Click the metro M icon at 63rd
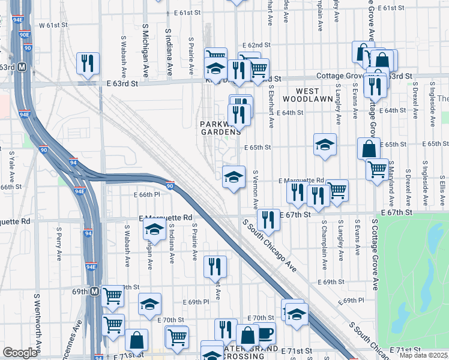pos(22,67)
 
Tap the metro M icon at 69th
pos(95,292)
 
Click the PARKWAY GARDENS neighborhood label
pos(220,128)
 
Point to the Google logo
pos(20,353)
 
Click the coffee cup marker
pos(265,332)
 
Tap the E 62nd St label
pos(256,46)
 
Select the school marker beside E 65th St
pos(325,145)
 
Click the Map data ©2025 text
pos(423,355)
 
